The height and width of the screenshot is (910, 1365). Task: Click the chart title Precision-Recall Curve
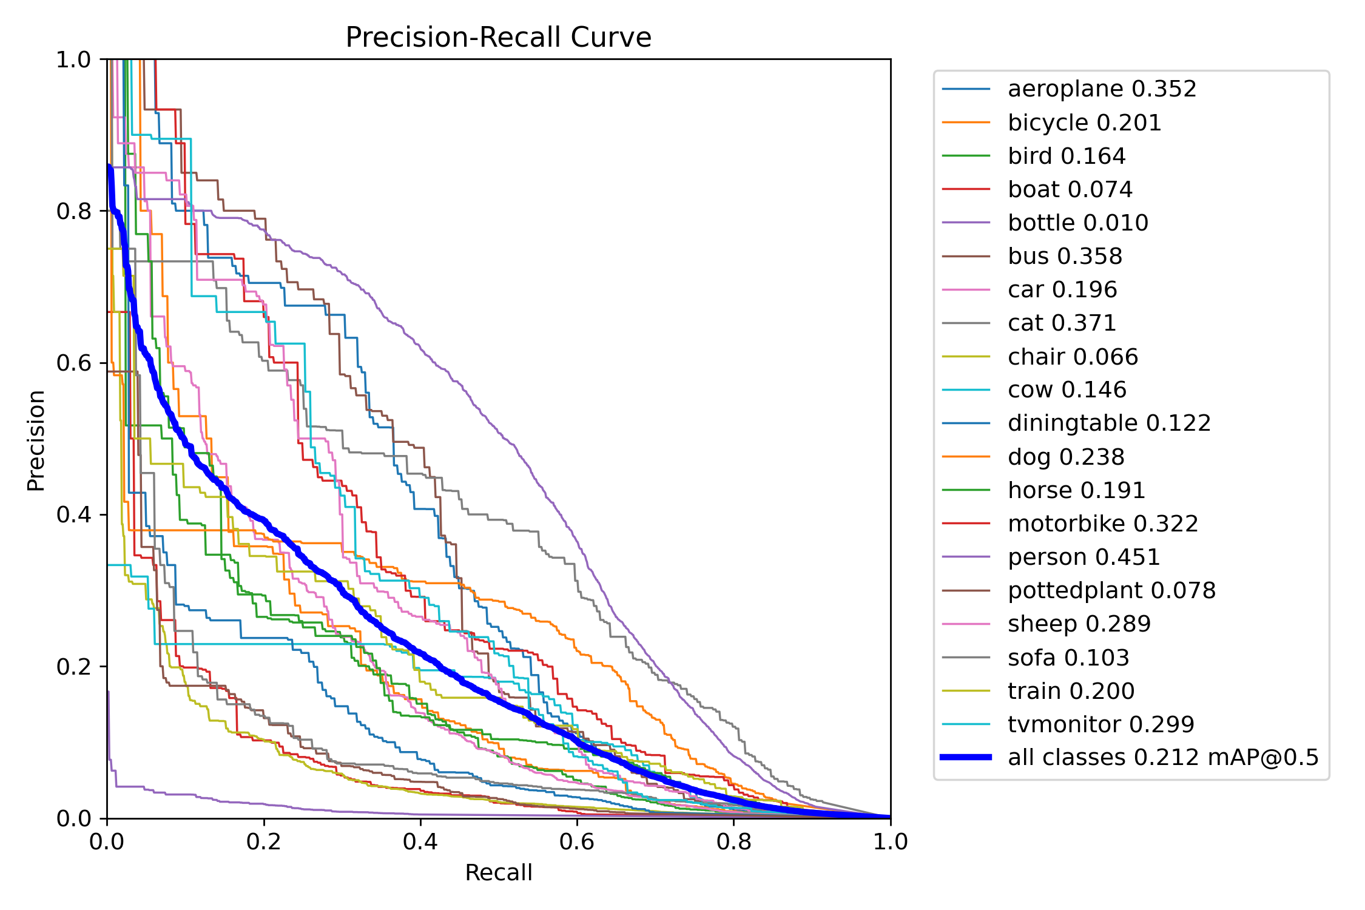tap(498, 38)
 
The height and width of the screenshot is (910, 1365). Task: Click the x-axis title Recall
tap(498, 872)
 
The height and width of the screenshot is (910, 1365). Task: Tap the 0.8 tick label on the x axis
tap(733, 841)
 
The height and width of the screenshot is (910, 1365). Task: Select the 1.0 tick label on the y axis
tap(73, 59)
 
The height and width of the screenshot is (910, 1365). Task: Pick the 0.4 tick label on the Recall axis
tap(420, 841)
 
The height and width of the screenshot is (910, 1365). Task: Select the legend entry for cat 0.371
tap(1062, 323)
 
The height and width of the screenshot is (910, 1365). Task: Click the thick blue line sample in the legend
tap(966, 757)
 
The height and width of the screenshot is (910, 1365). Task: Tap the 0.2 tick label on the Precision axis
tap(73, 666)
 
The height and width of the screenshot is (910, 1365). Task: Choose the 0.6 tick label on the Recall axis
tap(577, 841)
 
